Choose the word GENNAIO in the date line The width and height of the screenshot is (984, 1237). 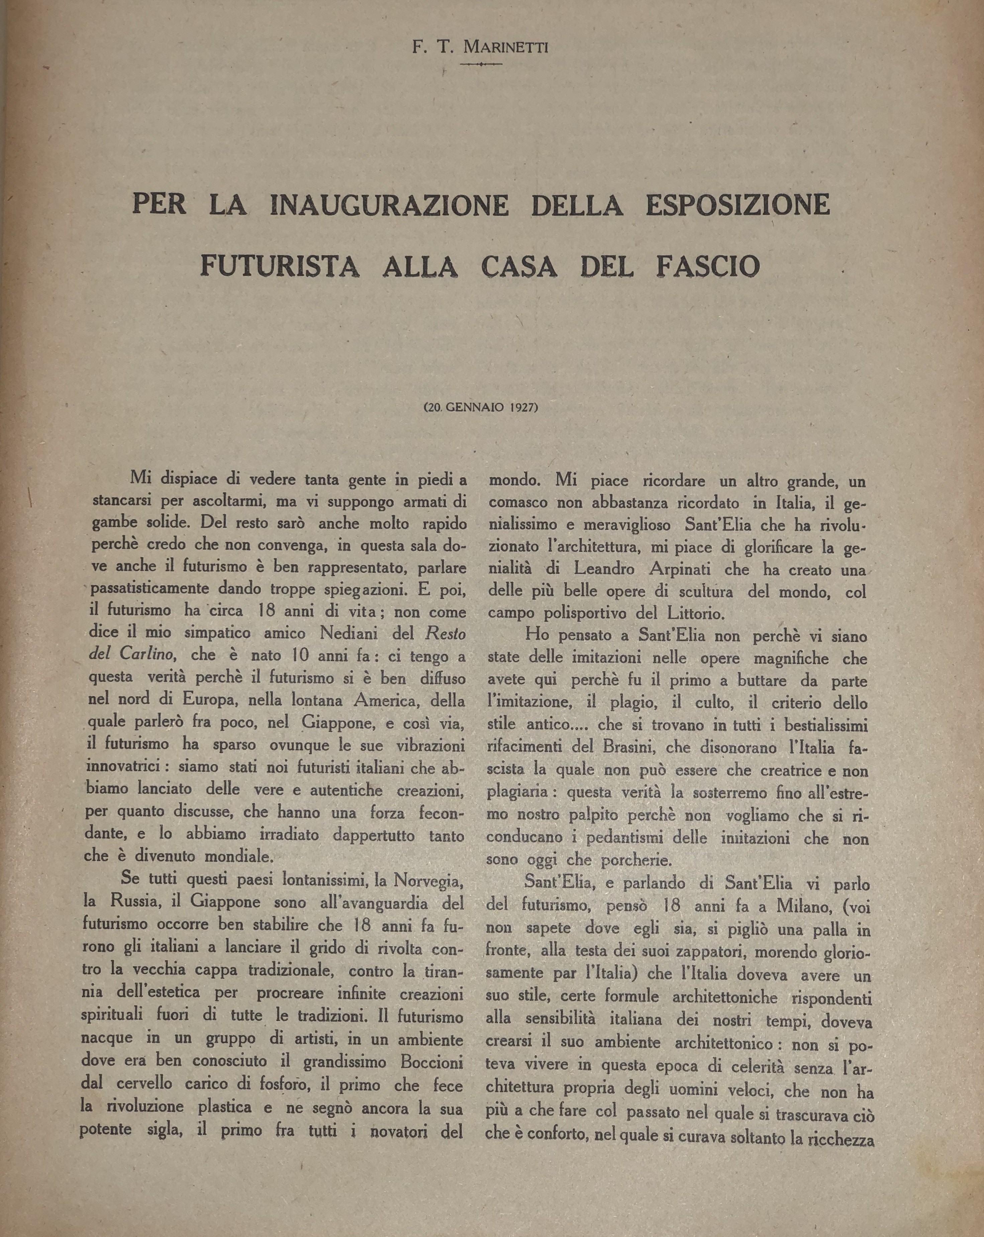coord(469,408)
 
